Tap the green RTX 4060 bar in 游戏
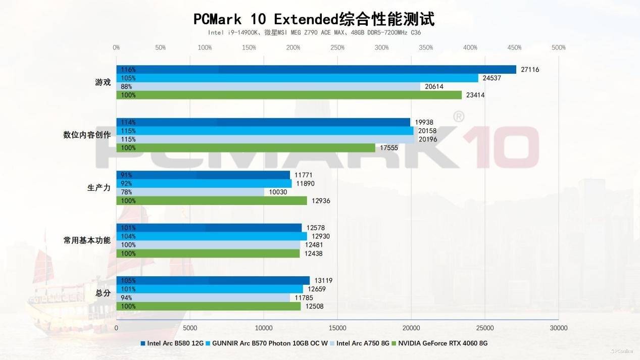[289, 95]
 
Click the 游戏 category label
[103, 82]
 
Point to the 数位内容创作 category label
[87, 135]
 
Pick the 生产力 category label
[99, 188]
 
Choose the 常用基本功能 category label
[87, 240]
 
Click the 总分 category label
[103, 293]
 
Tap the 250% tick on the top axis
[337, 47]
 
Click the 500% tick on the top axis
[559, 47]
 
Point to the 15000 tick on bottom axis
[337, 328]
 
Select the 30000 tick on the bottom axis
[559, 328]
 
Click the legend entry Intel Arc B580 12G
[172, 343]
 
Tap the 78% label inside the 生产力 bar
[126, 192]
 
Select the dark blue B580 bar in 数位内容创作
[263, 122]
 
